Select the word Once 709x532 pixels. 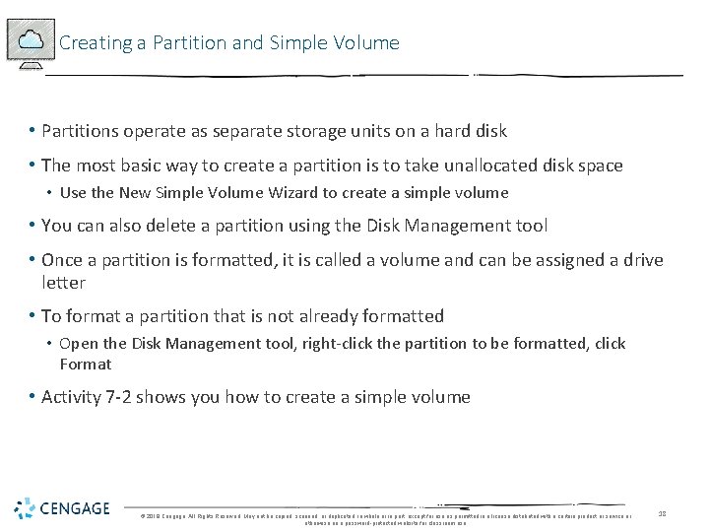coord(62,260)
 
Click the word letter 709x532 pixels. coord(63,283)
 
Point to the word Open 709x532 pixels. coord(78,344)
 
